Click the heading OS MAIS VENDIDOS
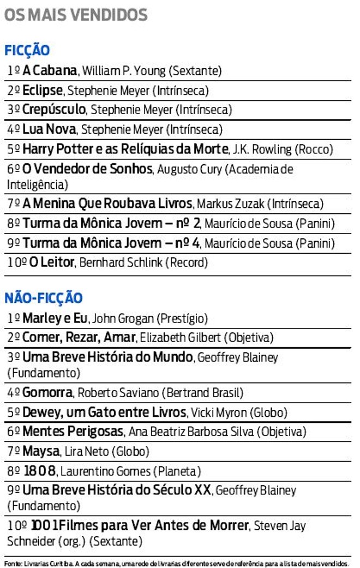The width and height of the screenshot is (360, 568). pos(76,15)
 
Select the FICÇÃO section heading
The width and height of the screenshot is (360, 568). pos(27,51)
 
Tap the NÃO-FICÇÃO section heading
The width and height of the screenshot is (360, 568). pos(44,298)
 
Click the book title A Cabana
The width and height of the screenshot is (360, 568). pos(50,70)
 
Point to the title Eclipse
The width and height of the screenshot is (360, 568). pos(43,90)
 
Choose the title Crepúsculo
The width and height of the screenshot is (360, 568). pos(53,110)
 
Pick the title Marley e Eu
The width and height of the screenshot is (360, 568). pos(55,318)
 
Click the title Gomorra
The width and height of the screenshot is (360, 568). pos(47,392)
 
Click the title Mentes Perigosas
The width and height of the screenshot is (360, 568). pos(73,432)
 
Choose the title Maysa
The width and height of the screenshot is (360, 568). pos(41,451)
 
